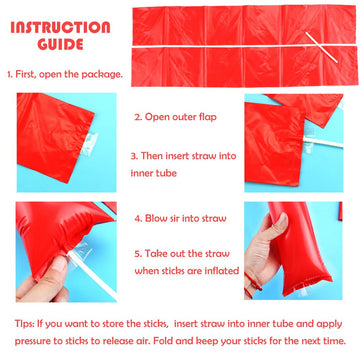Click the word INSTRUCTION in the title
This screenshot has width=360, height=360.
[60, 27]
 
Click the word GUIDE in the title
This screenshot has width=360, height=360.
[60, 44]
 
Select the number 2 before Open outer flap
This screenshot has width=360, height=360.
[138, 117]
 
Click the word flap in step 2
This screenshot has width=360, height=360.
[207, 117]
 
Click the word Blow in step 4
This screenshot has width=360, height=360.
[155, 218]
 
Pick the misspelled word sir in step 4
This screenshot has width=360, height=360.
[175, 219]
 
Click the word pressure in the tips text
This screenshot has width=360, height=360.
[36, 342]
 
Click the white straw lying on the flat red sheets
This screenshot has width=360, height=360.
[322, 48]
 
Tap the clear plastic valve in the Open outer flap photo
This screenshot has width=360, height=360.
[88, 144]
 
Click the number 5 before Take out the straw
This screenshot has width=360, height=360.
[138, 254]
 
